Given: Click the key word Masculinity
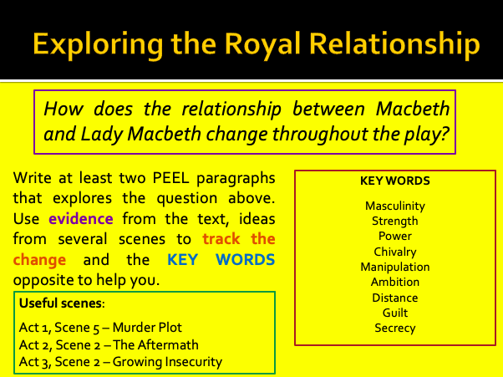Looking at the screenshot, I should click(x=395, y=206).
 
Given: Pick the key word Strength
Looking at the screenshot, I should click(x=395, y=221).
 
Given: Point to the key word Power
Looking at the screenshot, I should click(x=395, y=236).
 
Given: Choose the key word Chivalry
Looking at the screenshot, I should click(x=395, y=252).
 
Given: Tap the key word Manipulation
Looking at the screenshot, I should click(x=395, y=267).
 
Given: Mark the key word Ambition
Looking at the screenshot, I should click(x=395, y=282).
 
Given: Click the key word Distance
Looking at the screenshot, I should click(x=395, y=298).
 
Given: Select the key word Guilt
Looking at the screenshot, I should click(x=395, y=313).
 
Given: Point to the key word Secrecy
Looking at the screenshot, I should click(x=395, y=328).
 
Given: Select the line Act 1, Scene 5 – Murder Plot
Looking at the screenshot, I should click(x=100, y=326).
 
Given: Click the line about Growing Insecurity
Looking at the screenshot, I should click(x=121, y=362).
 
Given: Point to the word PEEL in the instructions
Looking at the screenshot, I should click(x=165, y=178).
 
